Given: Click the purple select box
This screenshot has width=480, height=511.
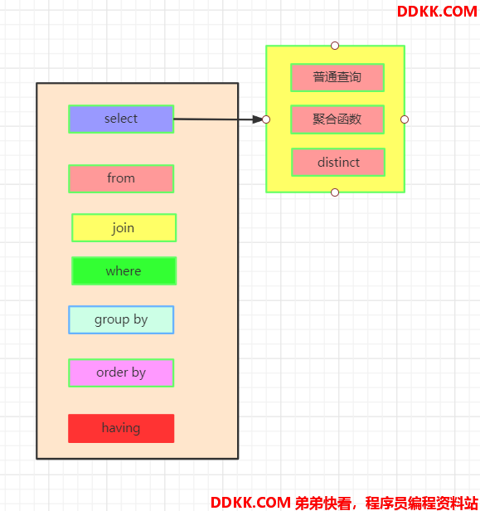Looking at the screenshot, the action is point(121,119).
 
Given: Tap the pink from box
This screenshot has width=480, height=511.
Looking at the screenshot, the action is point(121,178).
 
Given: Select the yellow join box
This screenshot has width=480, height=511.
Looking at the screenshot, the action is point(124,228).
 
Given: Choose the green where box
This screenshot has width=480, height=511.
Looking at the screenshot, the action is point(124,270).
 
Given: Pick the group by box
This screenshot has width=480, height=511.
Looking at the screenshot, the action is point(121,319).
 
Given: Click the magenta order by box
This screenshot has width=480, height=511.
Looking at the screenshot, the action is point(121,372).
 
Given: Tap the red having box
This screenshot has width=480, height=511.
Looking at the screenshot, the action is point(121,428).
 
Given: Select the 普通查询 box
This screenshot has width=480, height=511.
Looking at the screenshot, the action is point(337,78).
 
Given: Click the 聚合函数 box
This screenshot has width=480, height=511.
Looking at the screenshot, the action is point(337,119).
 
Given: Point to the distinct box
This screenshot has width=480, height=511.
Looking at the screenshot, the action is point(338,163).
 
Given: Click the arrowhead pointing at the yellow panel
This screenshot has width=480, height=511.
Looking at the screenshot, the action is point(257,119).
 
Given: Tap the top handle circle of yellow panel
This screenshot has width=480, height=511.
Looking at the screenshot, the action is point(335,46).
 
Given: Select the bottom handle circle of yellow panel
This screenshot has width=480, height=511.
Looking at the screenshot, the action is point(335,192).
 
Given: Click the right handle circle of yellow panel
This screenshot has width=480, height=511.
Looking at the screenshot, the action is point(405,119).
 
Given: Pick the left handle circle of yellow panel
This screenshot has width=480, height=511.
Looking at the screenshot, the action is point(266,119).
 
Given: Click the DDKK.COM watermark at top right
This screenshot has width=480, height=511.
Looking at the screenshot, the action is point(437,12).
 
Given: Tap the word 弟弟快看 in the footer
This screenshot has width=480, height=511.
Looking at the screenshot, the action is point(323,503).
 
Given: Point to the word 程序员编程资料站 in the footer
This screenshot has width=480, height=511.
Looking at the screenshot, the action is point(421,503).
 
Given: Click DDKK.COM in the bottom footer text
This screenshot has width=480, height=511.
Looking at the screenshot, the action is point(250,503).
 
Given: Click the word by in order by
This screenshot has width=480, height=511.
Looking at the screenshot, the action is point(138,373).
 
